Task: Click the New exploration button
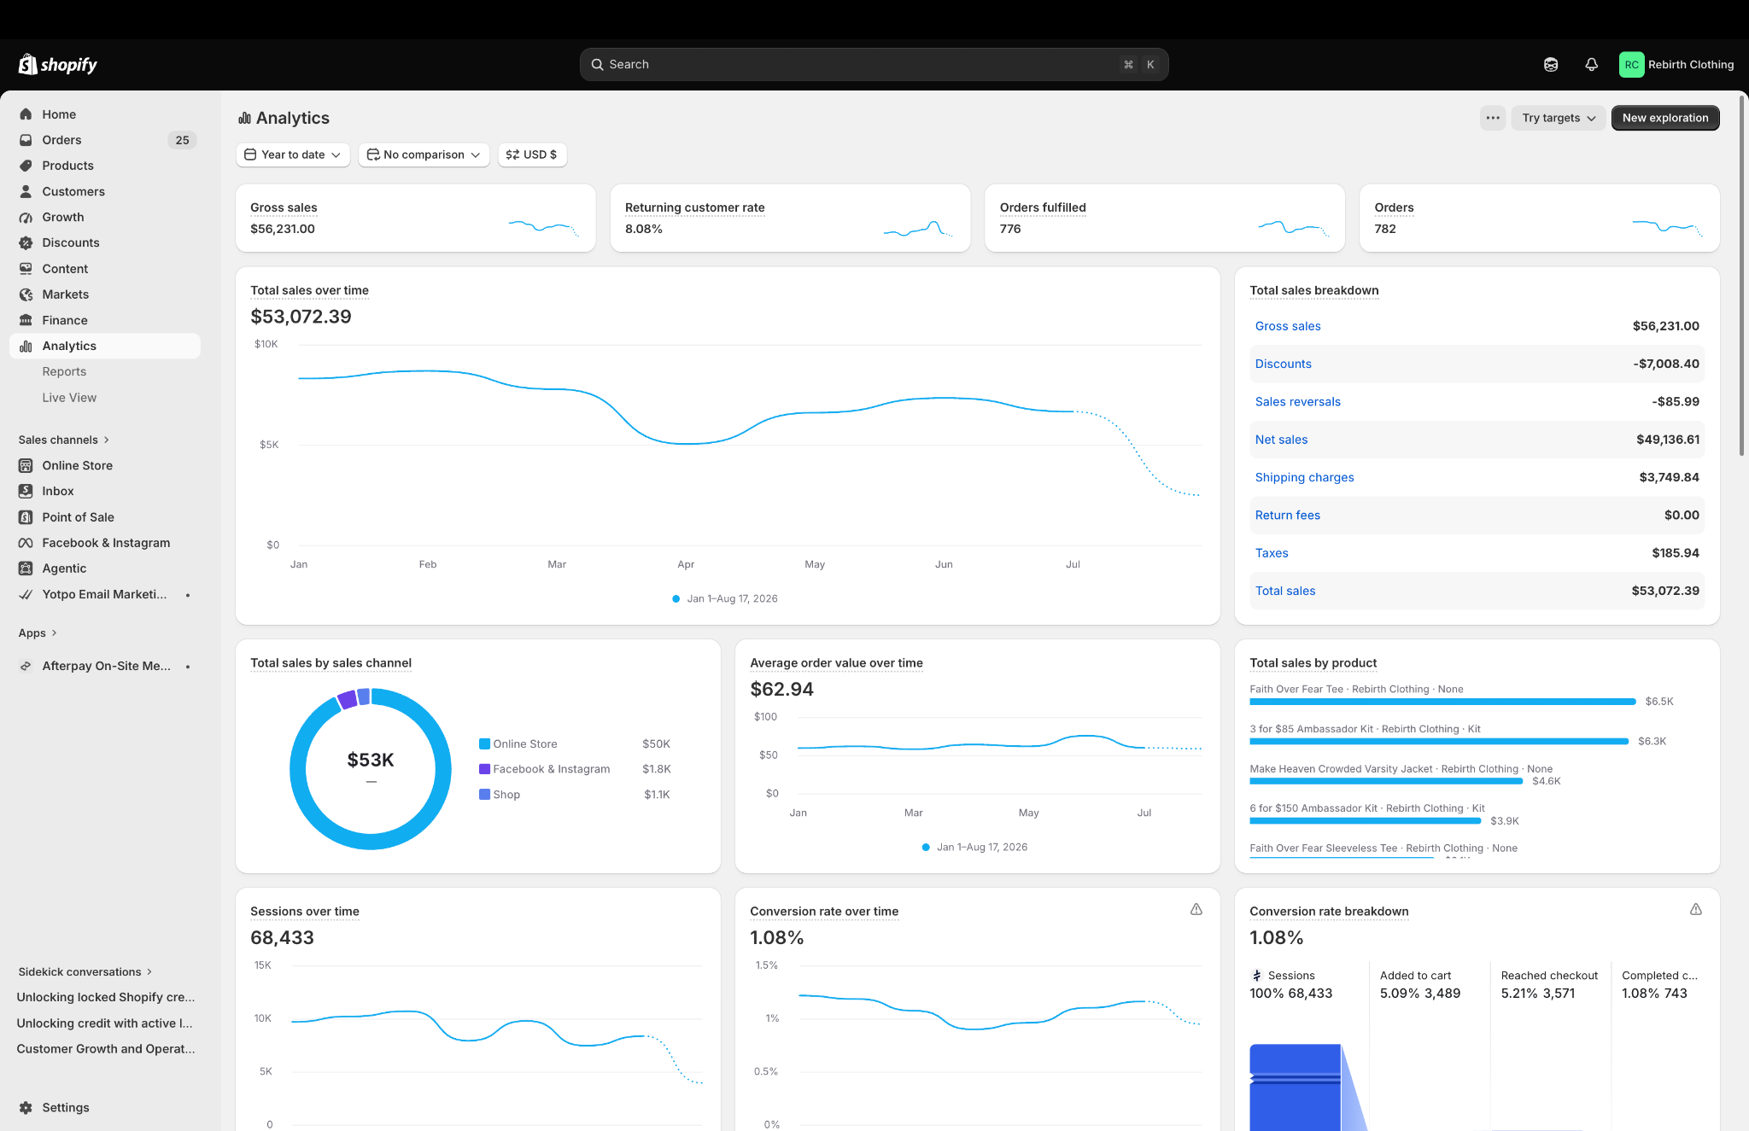(x=1664, y=118)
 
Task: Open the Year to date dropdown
(x=293, y=154)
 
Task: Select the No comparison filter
(x=424, y=154)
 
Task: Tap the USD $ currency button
(x=532, y=154)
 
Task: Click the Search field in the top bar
(x=874, y=65)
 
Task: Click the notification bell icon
(x=1591, y=65)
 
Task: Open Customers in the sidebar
(x=73, y=192)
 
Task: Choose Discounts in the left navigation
(x=71, y=243)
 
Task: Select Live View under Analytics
(x=69, y=398)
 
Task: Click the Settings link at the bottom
(x=66, y=1108)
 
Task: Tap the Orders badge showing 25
(x=182, y=140)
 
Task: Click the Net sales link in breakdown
(x=1281, y=440)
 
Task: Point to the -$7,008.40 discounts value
(x=1666, y=364)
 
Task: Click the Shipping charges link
(x=1304, y=477)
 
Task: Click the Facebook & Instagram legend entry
(x=552, y=769)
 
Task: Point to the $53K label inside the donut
(x=371, y=760)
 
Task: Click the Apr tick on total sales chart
(x=686, y=564)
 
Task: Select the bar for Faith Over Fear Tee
(x=1442, y=702)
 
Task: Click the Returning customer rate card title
(x=694, y=207)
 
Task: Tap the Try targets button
(x=1559, y=118)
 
